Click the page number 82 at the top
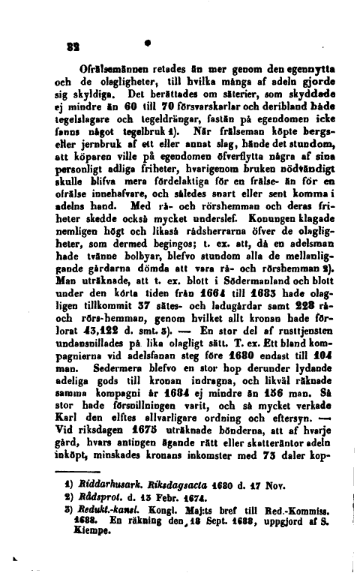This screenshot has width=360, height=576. point(65,65)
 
